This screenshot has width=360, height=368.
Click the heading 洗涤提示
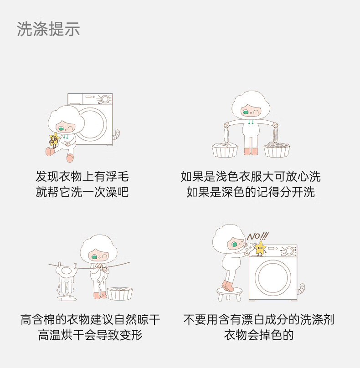[48, 29]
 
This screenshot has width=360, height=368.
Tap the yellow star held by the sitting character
[54, 140]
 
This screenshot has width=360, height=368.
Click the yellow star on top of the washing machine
[260, 248]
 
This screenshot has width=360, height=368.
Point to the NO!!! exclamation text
[257, 236]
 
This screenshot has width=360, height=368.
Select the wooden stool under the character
[229, 294]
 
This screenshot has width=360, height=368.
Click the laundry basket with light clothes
[225, 150]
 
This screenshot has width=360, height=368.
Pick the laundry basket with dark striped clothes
[277, 150]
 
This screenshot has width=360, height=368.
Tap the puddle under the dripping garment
[67, 298]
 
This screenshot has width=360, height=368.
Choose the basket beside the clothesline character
[120, 294]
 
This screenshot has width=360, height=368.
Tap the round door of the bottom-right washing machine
[273, 277]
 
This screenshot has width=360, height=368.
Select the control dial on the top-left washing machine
[105, 99]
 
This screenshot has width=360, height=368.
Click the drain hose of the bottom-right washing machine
[301, 289]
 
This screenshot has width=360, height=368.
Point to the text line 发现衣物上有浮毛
[82, 177]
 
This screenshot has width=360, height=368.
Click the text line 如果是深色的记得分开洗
[251, 192]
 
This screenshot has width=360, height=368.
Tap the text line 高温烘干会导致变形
[90, 335]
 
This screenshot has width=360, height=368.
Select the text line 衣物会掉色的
[259, 335]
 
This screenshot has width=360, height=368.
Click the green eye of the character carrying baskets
[246, 112]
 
